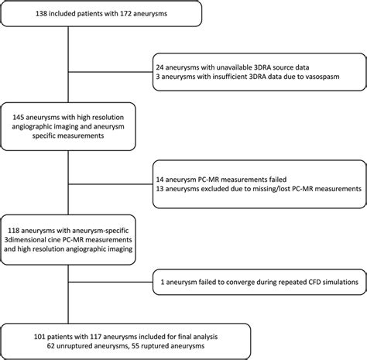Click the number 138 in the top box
point(41,13)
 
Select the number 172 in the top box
point(125,13)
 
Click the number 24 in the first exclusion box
point(159,67)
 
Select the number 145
point(19,117)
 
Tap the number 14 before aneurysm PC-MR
point(159,180)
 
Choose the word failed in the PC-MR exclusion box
point(277,180)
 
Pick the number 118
point(13,231)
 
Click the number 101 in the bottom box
point(39,337)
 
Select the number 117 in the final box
point(96,337)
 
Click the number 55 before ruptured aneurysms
point(135,346)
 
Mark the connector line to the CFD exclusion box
point(111,282)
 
